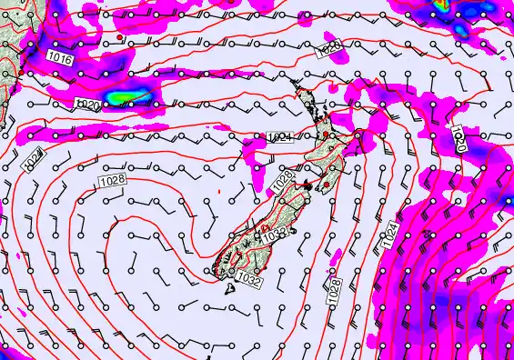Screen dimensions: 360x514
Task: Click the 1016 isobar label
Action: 60,57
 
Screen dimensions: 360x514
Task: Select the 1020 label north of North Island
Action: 329,48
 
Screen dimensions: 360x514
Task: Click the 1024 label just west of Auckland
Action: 280,137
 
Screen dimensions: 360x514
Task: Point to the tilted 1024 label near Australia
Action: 31,158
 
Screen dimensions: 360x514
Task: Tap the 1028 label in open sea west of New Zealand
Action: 113,180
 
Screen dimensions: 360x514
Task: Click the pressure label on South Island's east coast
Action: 276,235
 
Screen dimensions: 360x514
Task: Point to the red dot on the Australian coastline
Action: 20,71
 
